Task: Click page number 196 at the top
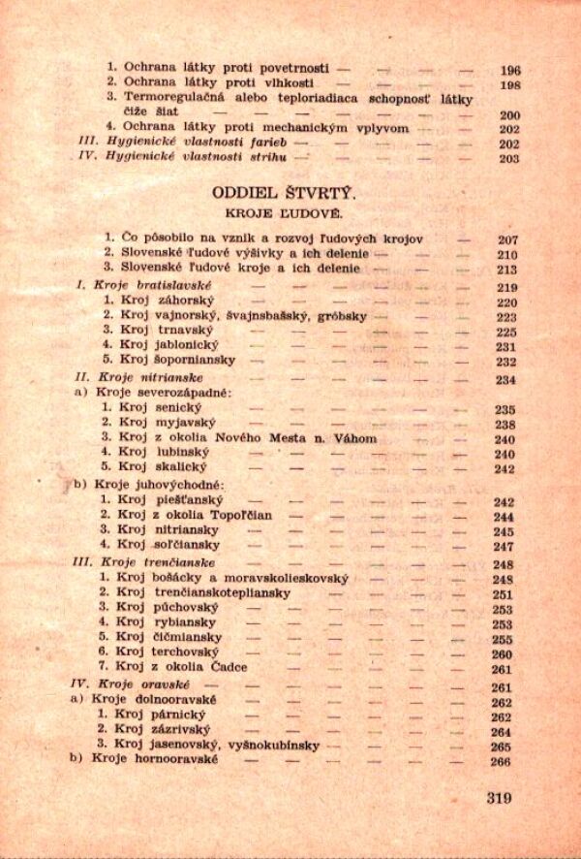pos(509,70)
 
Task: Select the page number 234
pos(505,380)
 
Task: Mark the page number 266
pos(501,761)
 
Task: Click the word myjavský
pos(183,424)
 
